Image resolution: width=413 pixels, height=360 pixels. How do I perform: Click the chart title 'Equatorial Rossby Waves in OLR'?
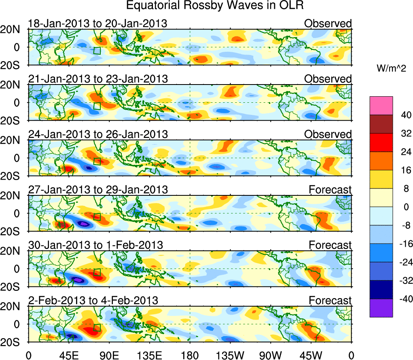coord(214,6)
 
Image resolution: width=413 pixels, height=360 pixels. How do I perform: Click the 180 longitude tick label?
coord(190,355)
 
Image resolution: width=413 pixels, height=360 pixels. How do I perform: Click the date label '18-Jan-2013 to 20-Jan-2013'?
coord(97,23)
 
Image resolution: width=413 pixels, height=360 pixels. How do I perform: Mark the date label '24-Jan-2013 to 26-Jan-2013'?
coord(97,134)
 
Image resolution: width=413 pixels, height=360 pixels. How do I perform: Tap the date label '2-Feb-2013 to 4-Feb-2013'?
coord(93,300)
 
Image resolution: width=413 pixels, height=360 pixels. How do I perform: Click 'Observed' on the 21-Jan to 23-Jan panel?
coord(328,79)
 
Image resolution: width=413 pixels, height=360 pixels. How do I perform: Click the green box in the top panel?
coord(97,51)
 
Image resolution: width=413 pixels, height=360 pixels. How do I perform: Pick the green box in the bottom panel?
coord(97,327)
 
